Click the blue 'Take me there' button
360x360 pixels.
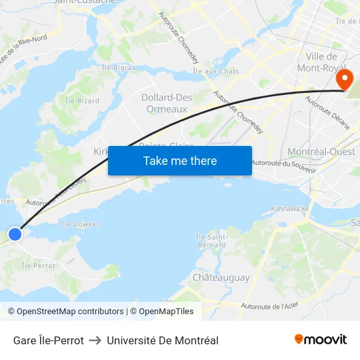(180, 160)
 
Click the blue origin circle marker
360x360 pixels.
(14, 234)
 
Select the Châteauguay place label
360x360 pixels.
(221, 278)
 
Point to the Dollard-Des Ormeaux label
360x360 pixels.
(167, 103)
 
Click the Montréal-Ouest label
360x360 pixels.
(321, 152)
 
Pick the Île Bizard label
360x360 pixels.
(82, 101)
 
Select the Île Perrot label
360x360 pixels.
(39, 266)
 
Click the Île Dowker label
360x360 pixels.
(80, 224)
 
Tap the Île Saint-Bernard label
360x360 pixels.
(211, 240)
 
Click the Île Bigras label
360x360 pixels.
(118, 67)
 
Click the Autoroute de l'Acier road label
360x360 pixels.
(269, 306)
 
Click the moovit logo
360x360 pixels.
(320, 339)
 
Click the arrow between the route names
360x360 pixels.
(96, 340)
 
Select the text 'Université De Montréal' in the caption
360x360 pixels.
(162, 340)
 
